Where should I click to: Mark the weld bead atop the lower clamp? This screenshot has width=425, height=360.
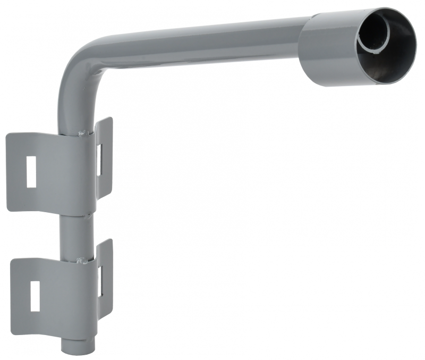(81, 260)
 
